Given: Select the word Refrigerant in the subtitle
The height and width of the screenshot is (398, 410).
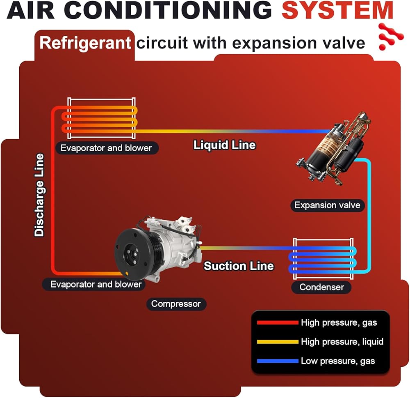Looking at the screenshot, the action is tap(85, 43).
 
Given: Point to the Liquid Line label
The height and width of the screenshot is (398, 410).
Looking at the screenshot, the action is tap(224, 145).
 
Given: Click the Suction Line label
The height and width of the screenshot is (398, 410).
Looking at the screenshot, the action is tap(239, 266).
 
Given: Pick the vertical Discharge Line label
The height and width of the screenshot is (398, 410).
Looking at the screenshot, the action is tap(39, 195).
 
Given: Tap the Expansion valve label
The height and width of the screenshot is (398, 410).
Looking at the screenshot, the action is tap(327, 205).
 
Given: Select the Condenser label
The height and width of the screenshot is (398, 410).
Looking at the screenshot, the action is tap(321, 287).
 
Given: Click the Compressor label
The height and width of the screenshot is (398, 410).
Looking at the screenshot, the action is tap(176, 304).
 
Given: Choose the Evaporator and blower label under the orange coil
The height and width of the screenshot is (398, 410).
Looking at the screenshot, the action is tap(106, 148).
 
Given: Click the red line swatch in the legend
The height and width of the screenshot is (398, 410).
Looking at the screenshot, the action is tap(277, 322).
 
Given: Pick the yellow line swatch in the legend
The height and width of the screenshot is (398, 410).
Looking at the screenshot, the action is tap(277, 341).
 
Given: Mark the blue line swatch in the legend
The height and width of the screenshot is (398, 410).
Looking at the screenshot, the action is tap(277, 361).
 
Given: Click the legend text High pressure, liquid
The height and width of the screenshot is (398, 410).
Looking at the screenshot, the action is tap(342, 341).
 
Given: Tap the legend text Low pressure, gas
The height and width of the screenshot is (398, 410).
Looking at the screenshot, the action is tap(338, 361).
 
